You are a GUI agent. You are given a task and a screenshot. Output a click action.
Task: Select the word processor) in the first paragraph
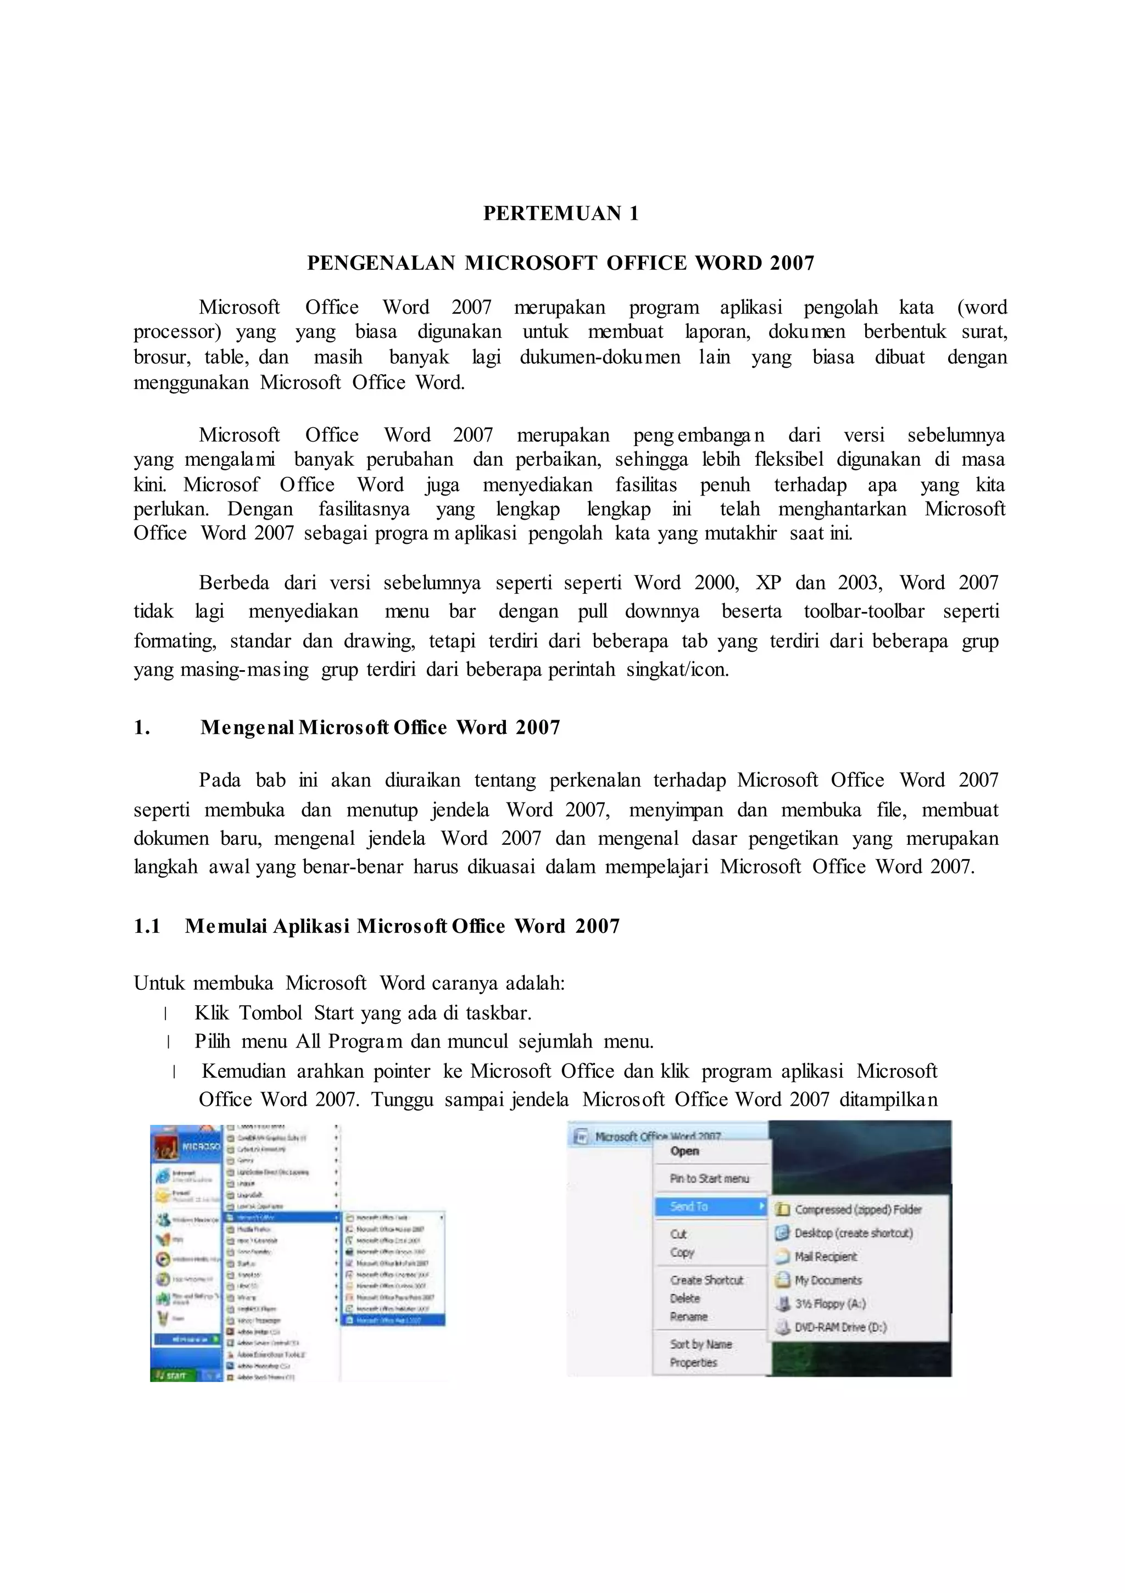coord(177,332)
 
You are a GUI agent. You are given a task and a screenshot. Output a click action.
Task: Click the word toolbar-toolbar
coord(864,611)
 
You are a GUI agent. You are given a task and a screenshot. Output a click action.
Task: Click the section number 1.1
coord(147,926)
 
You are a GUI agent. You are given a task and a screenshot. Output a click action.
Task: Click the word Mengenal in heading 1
coord(247,727)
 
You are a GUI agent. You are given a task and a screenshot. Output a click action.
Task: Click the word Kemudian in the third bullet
coord(243,1071)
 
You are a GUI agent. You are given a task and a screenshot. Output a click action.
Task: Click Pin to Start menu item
coord(709,1178)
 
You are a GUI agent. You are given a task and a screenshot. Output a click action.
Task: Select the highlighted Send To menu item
coord(689,1206)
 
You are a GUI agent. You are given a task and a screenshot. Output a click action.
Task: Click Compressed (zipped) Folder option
coord(857,1210)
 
